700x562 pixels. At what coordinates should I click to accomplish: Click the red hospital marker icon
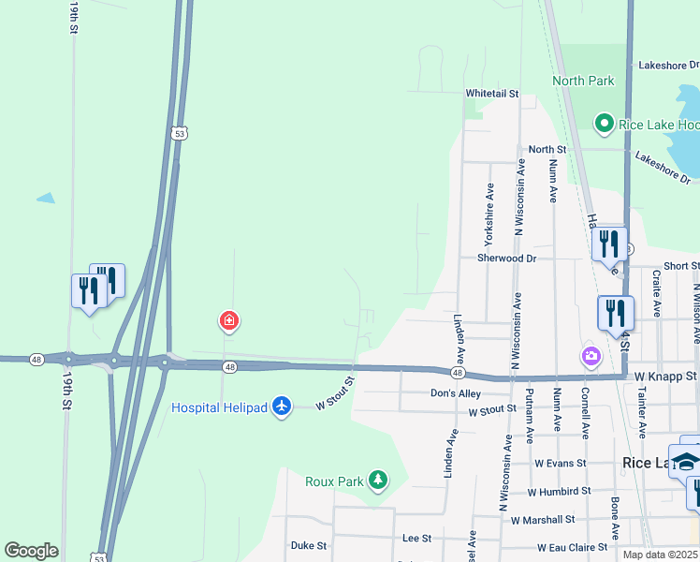click(x=228, y=322)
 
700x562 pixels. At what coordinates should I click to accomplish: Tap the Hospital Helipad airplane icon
click(x=282, y=407)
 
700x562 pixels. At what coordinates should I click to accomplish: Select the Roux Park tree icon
click(x=377, y=481)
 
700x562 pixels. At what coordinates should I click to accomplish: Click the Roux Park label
click(x=334, y=481)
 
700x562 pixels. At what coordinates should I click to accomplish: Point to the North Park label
click(x=583, y=81)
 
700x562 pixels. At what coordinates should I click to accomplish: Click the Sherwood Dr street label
click(x=506, y=258)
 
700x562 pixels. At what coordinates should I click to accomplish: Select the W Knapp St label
click(x=665, y=376)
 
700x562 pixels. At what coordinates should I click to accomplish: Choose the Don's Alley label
click(x=456, y=393)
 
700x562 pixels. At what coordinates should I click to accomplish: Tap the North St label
click(x=547, y=149)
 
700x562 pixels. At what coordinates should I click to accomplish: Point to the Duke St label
click(x=308, y=544)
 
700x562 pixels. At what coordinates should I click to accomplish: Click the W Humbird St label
click(x=559, y=491)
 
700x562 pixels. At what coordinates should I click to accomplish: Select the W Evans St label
click(x=560, y=463)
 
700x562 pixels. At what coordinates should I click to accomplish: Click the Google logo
click(x=31, y=551)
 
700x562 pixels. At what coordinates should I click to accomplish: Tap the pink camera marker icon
click(x=591, y=355)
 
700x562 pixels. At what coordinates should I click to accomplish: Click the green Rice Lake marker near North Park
click(x=604, y=124)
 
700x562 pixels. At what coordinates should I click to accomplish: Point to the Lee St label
click(x=416, y=539)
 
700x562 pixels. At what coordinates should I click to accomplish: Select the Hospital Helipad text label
click(x=219, y=407)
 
